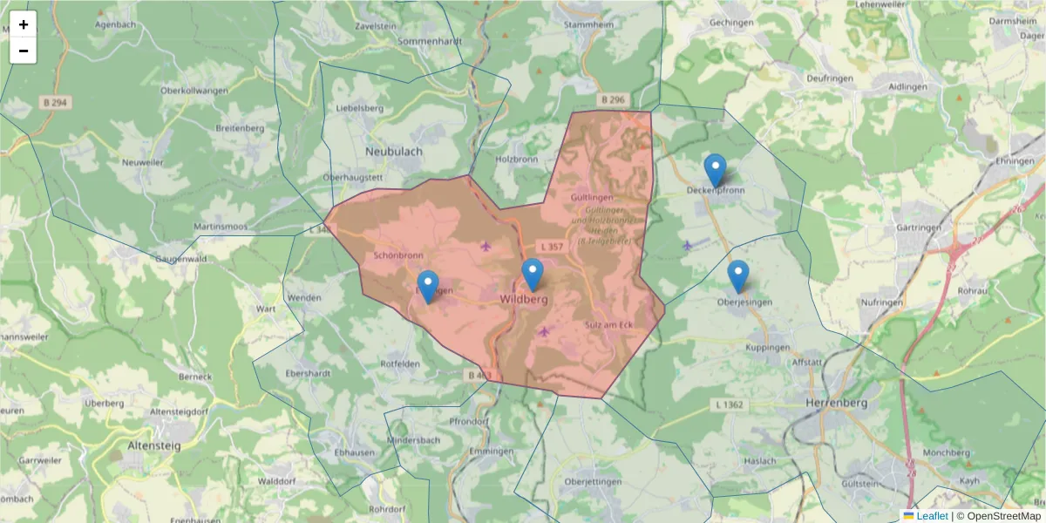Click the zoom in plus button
click(24, 24)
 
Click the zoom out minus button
click(24, 51)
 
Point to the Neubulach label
click(394, 151)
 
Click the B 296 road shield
click(614, 100)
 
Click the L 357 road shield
click(551, 247)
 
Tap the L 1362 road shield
click(729, 404)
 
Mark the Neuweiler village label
click(143, 163)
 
